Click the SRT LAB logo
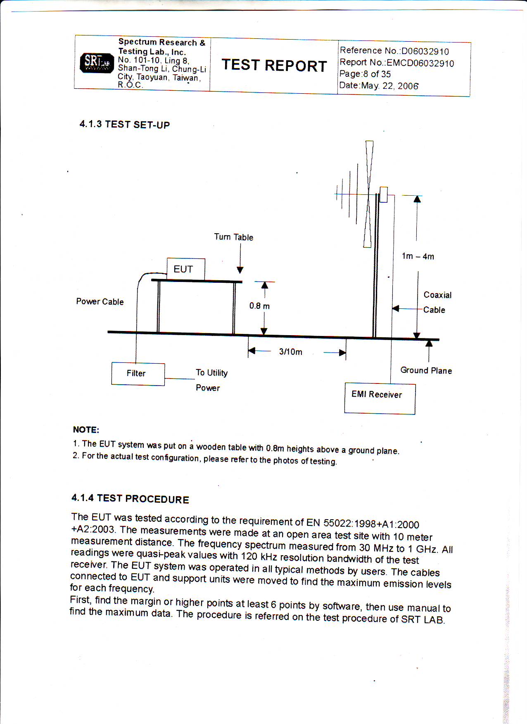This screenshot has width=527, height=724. [x=97, y=63]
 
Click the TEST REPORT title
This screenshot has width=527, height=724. [x=274, y=66]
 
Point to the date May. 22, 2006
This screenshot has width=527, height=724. [x=379, y=86]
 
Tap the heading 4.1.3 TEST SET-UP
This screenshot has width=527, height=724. [x=124, y=125]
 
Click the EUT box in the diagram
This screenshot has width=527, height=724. [x=185, y=269]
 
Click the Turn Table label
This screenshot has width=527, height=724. [x=233, y=237]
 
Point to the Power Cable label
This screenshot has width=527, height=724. [x=100, y=302]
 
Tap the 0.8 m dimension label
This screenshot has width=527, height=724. [x=259, y=306]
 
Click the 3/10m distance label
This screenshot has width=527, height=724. [x=290, y=352]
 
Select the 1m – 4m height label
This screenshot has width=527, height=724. [x=418, y=256]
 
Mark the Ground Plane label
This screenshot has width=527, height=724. [x=426, y=371]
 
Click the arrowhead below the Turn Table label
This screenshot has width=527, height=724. [x=240, y=270]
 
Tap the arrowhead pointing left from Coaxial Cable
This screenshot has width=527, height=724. [x=396, y=308]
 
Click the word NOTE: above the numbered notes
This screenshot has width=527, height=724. [x=86, y=430]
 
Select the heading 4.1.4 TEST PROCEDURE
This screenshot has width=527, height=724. [x=130, y=499]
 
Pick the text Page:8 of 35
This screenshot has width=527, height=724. [x=365, y=74]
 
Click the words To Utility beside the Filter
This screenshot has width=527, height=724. [x=211, y=373]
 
